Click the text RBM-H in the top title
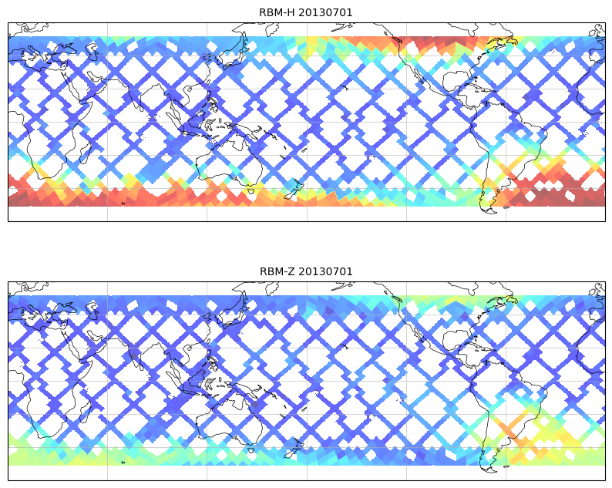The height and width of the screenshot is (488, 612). pos(274,12)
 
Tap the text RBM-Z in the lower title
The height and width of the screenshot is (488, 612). pos(274,271)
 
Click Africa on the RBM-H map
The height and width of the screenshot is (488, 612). pos(46,116)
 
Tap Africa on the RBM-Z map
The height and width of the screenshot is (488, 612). pos(46,375)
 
